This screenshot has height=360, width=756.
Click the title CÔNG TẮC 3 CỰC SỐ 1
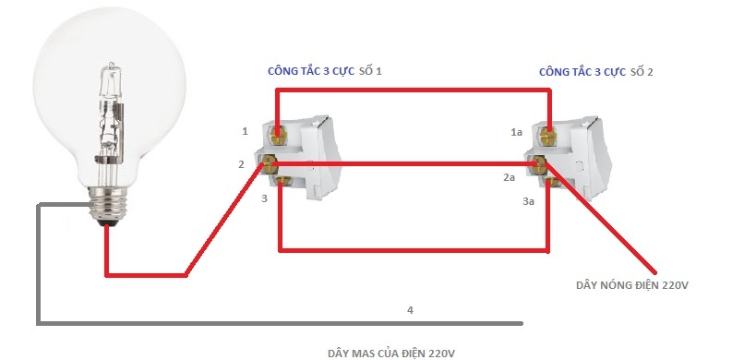click(323, 71)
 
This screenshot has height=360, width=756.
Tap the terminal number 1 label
click(245, 132)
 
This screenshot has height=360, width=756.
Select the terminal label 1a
click(517, 133)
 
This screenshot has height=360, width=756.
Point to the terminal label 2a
click(509, 176)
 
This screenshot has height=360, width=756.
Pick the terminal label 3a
click(529, 200)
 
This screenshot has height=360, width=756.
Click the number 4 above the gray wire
click(410, 310)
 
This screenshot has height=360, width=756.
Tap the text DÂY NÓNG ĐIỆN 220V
click(632, 286)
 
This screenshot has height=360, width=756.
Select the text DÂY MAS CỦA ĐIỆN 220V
click(392, 354)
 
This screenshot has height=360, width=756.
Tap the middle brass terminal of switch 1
click(270, 165)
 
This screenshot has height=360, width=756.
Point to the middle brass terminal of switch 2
click(542, 165)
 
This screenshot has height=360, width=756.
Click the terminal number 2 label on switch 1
click(241, 164)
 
